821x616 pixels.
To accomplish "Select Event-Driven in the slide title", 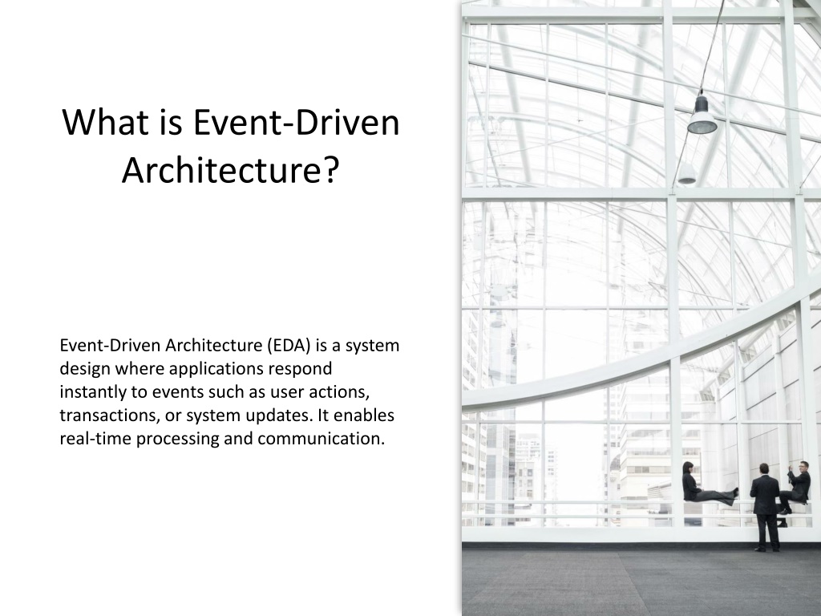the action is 297,122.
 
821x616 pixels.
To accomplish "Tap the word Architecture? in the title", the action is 231,172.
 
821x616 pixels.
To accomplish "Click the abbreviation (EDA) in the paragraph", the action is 289,346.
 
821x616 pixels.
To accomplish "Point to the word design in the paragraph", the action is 84,369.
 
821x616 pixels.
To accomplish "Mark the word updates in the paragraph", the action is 279,415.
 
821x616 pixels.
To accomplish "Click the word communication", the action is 321,439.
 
